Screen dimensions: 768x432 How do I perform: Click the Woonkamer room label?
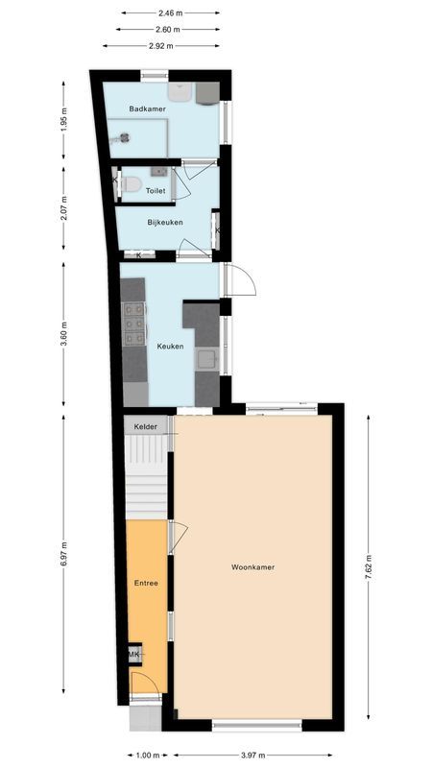(x=253, y=567)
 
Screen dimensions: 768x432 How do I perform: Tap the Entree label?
(x=146, y=583)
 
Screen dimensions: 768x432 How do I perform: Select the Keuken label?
(x=171, y=347)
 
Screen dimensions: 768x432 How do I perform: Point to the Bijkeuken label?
(x=165, y=222)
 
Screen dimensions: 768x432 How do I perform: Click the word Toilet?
(x=156, y=191)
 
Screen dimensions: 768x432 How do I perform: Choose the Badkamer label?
(x=148, y=109)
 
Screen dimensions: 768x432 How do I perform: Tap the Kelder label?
(x=146, y=426)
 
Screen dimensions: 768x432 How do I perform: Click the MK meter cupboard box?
(x=134, y=655)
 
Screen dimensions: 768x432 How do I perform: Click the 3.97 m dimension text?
(x=253, y=755)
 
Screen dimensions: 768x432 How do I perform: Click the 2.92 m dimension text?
(x=160, y=45)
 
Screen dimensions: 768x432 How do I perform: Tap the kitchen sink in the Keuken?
(x=206, y=361)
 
